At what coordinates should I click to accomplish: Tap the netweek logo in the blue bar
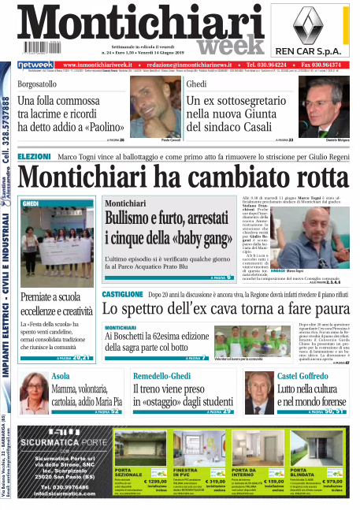34,65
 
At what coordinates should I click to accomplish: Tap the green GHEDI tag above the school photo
31,203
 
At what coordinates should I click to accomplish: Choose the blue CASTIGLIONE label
122,293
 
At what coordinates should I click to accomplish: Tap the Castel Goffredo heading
302,376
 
